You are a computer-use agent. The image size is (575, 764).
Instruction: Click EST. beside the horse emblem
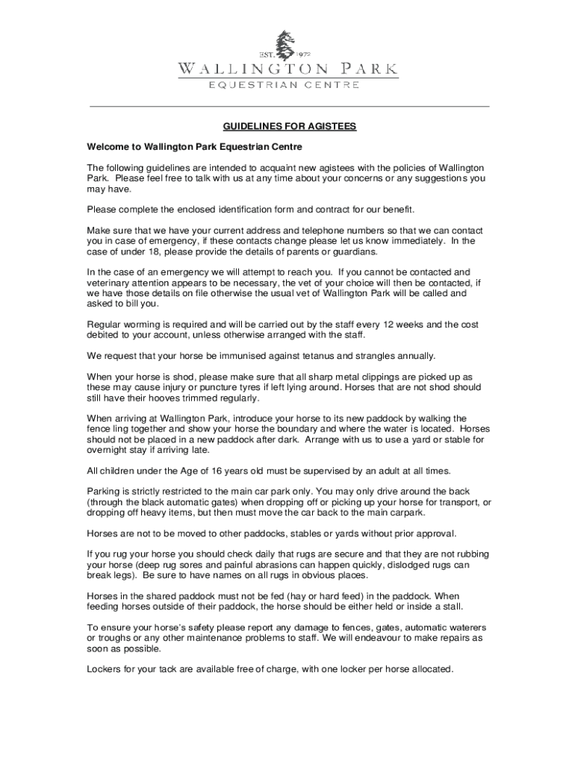[267, 54]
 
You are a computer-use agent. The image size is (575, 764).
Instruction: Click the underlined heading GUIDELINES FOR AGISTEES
[287, 126]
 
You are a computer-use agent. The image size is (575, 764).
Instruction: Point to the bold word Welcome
[109, 147]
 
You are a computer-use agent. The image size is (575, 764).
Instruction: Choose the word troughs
[116, 639]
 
